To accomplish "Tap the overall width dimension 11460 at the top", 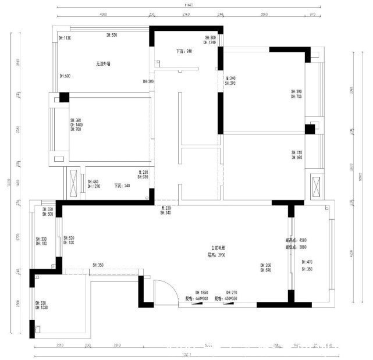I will coord(187,5).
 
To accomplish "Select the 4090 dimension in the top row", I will coord(103,14).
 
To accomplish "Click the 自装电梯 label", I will coord(218,248).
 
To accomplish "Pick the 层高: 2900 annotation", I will coord(216,255).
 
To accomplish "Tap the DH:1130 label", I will coord(65,38).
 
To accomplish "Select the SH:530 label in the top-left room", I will coord(112,35).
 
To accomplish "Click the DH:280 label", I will coord(148,81).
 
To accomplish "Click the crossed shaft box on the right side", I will coord(317,187).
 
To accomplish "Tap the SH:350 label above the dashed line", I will coord(97,265).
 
